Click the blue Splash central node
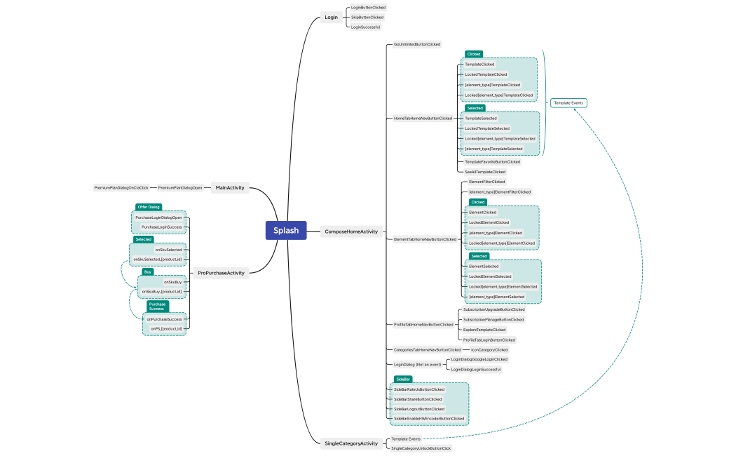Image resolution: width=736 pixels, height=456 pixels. [x=286, y=231]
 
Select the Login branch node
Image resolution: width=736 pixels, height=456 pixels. [x=332, y=17]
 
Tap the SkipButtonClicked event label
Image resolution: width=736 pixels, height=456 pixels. [x=367, y=17]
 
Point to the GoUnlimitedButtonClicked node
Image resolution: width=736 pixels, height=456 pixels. [x=417, y=44]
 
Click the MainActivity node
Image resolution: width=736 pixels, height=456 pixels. [x=230, y=187]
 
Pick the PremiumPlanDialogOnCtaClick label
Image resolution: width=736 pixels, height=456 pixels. [x=122, y=187]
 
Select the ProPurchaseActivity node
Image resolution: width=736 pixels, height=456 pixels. [x=221, y=273]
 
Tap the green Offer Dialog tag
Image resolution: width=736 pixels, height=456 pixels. [x=149, y=207]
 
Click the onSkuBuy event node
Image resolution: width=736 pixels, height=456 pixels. [x=172, y=281]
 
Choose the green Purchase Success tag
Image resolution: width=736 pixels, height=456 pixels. [x=157, y=307]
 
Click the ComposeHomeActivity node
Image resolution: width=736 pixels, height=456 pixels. [x=351, y=231]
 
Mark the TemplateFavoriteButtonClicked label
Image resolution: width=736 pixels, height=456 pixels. [x=493, y=161]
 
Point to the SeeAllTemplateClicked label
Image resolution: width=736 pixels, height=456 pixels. [x=485, y=171]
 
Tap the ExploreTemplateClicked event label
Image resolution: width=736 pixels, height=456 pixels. [x=484, y=330]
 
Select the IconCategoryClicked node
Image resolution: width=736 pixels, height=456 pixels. [x=489, y=349]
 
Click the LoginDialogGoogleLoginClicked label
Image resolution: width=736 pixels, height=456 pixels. [x=479, y=359]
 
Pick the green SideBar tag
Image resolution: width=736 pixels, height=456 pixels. [x=402, y=379]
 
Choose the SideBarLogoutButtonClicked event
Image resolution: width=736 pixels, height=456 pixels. [x=419, y=409]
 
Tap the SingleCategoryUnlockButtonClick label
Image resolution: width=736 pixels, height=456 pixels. [x=421, y=448]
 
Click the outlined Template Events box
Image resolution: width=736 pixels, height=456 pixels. [x=568, y=103]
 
